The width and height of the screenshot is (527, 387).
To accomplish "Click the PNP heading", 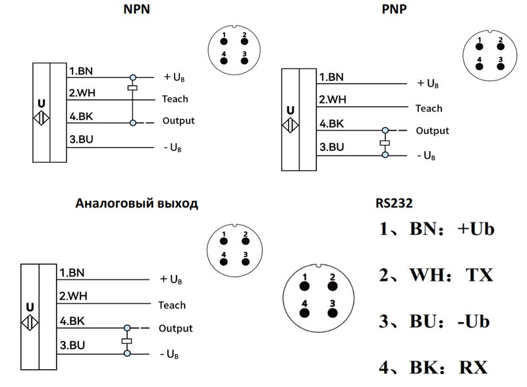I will coord(394,10).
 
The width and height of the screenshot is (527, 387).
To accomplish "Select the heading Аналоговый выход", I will coord(136,203).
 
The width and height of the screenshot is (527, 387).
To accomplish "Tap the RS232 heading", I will coord(394,203).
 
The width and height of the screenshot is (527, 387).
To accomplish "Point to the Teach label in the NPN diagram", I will coord(175,99).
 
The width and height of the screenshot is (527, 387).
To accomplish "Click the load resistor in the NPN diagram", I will coord(132,88).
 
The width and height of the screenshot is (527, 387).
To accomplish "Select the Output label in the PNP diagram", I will coord(432,131).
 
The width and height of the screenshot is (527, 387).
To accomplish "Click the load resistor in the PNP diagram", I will coord(385,142).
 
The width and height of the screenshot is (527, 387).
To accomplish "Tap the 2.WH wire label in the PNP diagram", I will coord(333,100).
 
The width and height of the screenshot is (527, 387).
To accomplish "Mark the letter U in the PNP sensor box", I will coord(289,111).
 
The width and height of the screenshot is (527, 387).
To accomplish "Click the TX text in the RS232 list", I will coord(479,274).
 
